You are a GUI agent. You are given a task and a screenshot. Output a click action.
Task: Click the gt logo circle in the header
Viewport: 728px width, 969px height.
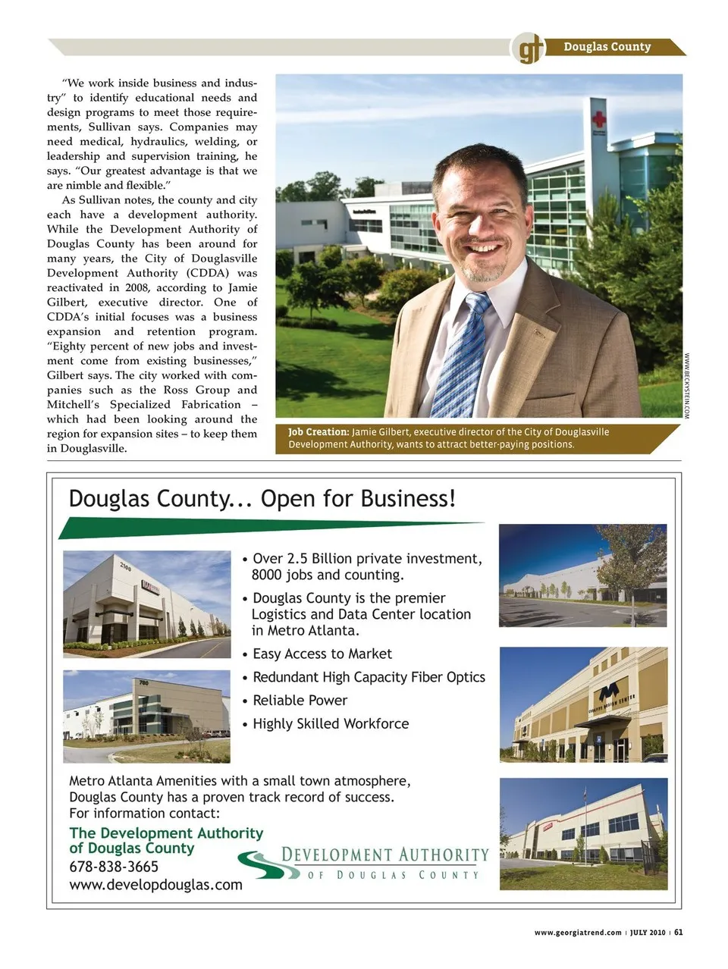point(529,49)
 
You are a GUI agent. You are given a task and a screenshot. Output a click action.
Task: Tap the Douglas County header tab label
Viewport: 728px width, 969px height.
point(607,47)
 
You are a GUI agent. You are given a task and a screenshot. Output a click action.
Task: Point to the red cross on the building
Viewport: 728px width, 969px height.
point(601,118)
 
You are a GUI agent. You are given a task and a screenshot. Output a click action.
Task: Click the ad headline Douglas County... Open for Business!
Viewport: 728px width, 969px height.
point(262,498)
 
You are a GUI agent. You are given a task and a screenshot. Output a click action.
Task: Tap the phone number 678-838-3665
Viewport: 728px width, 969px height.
point(114,867)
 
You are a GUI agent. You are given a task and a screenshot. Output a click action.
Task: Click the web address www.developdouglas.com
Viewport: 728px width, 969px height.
point(155,884)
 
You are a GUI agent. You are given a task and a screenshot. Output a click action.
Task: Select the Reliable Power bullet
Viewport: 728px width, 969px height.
point(300,701)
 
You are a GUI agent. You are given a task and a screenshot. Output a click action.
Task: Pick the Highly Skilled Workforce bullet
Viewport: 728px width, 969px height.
point(330,724)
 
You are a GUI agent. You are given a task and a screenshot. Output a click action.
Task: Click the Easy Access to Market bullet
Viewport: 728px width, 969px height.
point(322,654)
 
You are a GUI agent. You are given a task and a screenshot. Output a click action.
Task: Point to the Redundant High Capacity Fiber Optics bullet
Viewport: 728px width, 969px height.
point(369,677)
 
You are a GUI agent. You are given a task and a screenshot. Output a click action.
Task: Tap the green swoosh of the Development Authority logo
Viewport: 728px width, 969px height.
point(258,864)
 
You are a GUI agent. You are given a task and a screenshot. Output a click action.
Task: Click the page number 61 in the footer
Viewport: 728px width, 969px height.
point(679,933)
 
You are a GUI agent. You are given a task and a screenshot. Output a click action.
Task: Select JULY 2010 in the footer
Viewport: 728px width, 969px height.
point(648,933)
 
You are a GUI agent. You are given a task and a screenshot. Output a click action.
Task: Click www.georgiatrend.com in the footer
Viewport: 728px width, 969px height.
point(578,933)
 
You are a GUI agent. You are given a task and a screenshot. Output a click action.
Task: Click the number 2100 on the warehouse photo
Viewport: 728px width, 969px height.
point(125,566)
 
